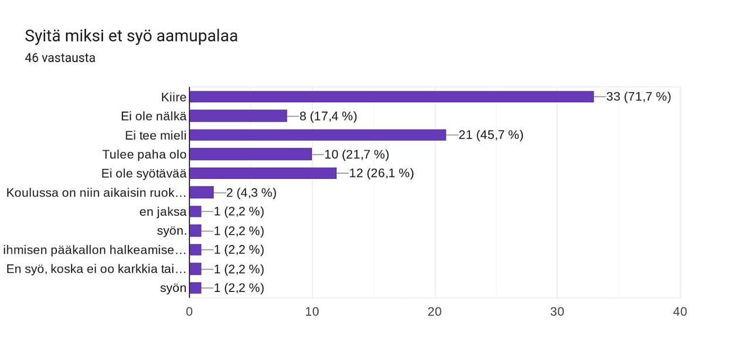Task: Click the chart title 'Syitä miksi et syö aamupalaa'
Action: tap(131, 36)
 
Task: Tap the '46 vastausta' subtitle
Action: tap(60, 58)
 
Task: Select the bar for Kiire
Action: tap(391, 97)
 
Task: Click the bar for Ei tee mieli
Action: tap(318, 135)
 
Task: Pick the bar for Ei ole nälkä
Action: tap(239, 116)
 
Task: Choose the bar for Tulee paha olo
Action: tap(251, 154)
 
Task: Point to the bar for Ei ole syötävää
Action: tap(263, 174)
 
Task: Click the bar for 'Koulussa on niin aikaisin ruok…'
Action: tap(202, 192)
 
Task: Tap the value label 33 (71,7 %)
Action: tap(638, 97)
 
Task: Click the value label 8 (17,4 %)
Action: tap(328, 116)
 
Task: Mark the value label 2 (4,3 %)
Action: tap(247, 192)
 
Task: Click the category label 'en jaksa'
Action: tap(163, 212)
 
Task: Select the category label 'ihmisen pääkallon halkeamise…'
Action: tap(95, 250)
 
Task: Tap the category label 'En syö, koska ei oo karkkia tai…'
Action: tap(97, 269)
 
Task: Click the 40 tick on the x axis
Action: tap(680, 312)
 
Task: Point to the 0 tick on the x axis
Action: tap(189, 312)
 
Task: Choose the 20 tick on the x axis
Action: tap(434, 312)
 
